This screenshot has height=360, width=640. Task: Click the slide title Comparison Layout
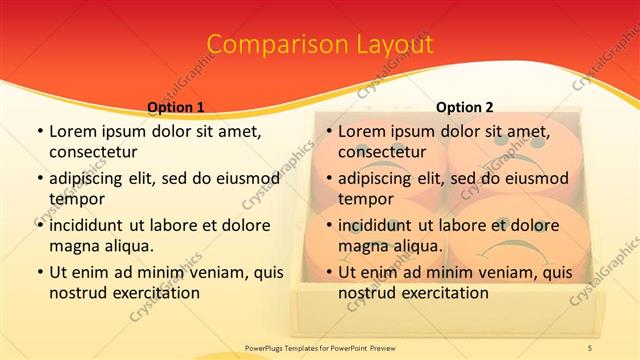319,45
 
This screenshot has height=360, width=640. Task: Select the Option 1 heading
175,107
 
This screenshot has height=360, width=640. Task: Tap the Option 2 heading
464,107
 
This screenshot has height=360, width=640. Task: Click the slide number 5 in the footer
589,347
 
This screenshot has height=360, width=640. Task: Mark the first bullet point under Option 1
39,131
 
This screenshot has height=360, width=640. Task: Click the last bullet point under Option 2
328,272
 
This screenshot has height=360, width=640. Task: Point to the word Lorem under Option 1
72,131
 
